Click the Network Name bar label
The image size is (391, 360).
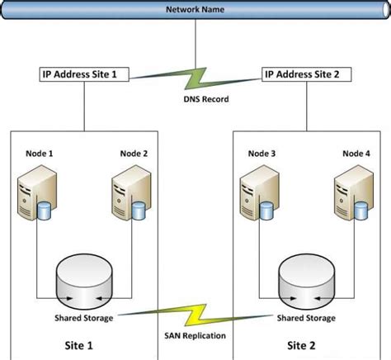pos(195,10)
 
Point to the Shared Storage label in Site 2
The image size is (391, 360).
pos(306,317)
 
